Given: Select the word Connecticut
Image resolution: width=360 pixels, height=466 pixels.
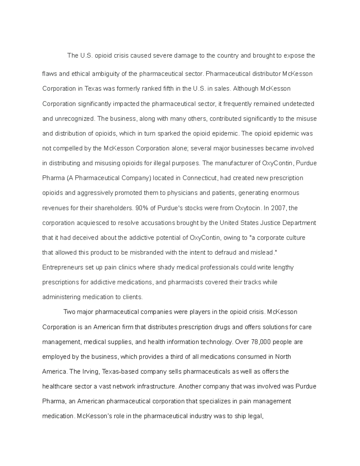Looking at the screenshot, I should [x=199, y=178].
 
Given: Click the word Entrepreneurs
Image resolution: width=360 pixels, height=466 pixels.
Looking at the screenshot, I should [x=63, y=267].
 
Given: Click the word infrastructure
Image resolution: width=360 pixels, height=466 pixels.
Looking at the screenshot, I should [x=156, y=386].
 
